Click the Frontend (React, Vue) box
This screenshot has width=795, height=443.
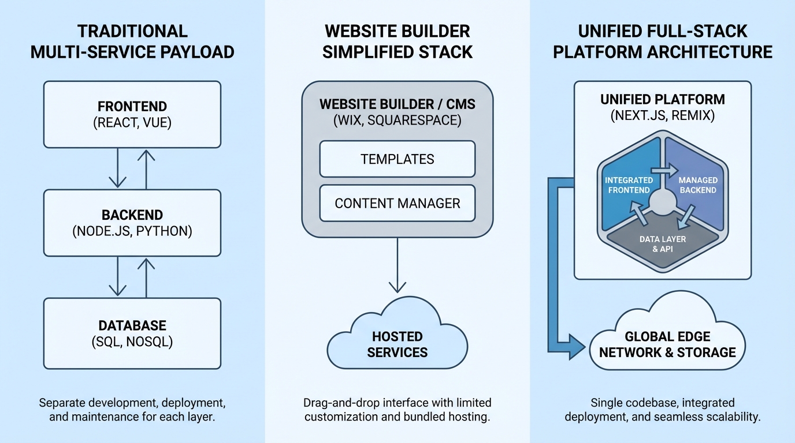[x=132, y=114]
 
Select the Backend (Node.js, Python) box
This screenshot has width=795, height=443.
[x=132, y=223]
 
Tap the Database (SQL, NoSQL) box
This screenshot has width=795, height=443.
[x=132, y=333]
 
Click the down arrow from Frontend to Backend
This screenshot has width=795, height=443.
[x=118, y=168]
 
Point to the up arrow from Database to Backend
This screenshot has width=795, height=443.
[x=147, y=277]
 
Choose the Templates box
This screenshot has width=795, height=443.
[x=397, y=159]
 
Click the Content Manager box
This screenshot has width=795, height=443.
[x=397, y=203]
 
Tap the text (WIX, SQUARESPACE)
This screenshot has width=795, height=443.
[x=397, y=121]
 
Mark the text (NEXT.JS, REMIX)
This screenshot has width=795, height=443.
[x=663, y=115]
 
